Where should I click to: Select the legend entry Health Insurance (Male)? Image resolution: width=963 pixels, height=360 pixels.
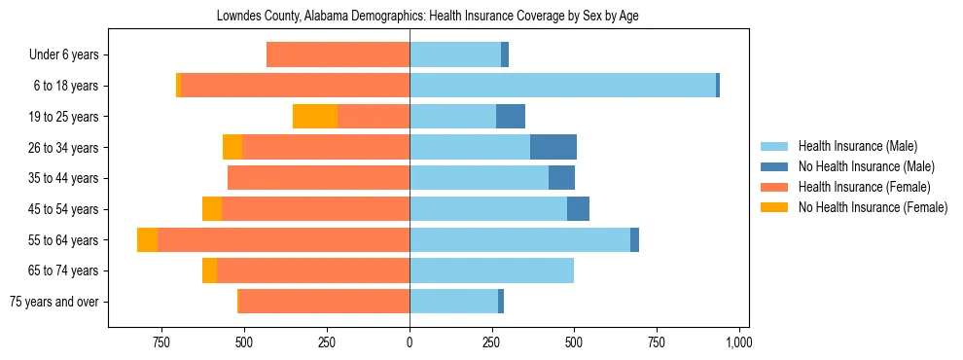click(x=857, y=146)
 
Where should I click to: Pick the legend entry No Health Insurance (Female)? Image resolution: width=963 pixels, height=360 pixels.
click(x=873, y=207)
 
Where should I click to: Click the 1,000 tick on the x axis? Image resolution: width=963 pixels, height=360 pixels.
click(x=739, y=342)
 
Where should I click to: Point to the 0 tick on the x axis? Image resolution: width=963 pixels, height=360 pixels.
click(x=410, y=342)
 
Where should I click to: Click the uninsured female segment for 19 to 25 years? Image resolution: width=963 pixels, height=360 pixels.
click(x=315, y=117)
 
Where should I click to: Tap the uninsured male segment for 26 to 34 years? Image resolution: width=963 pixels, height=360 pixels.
click(x=553, y=147)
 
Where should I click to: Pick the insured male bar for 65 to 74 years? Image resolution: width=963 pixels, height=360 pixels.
click(x=491, y=270)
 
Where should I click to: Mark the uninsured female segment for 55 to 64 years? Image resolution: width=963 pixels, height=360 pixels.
click(x=147, y=239)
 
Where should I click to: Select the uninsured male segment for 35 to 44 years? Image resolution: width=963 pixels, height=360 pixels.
click(x=561, y=178)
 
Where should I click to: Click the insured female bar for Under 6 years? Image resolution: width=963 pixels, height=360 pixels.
click(x=338, y=55)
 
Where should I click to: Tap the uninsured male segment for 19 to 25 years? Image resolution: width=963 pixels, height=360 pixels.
click(x=511, y=117)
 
